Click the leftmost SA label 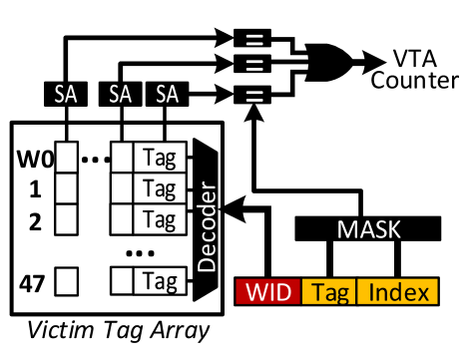click(x=66, y=95)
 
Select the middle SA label click(x=121, y=95)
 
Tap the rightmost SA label click(x=167, y=95)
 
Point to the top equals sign click(x=254, y=41)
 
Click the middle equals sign click(x=254, y=66)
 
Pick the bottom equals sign click(x=254, y=96)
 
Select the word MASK click(x=368, y=230)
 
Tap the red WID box click(x=267, y=292)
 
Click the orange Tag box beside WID click(x=328, y=292)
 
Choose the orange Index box click(x=397, y=292)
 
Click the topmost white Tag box click(x=160, y=158)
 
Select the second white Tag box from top click(x=160, y=188)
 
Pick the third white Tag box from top click(x=160, y=218)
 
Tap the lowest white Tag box click(x=160, y=281)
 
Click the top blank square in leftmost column click(x=67, y=158)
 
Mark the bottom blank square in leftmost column click(x=67, y=281)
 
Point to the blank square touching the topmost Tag click(x=122, y=158)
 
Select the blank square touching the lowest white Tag click(x=122, y=281)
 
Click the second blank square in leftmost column click(x=67, y=188)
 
